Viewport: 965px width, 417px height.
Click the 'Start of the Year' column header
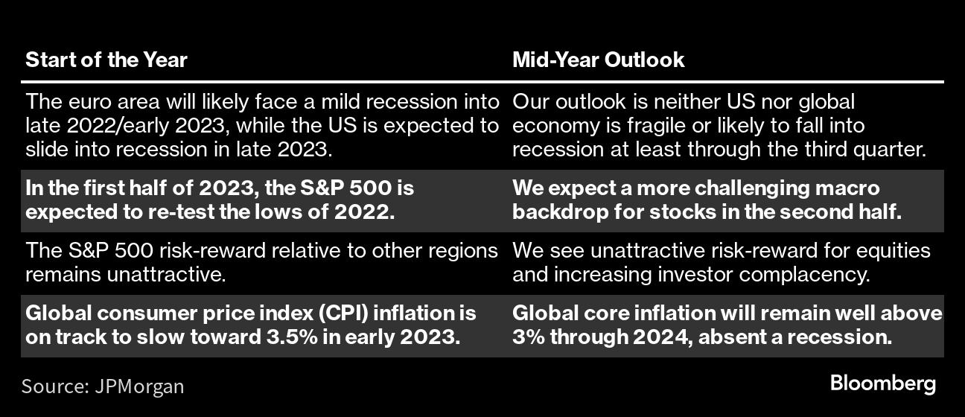pos(106,60)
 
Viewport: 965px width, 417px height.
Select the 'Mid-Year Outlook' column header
pos(599,60)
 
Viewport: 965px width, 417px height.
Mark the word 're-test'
pos(181,212)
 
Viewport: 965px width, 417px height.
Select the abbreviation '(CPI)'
pos(343,313)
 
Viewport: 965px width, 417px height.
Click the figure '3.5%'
pos(292,337)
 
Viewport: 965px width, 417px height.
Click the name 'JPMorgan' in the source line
pos(139,386)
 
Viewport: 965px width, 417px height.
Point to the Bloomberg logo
pos(883,383)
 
